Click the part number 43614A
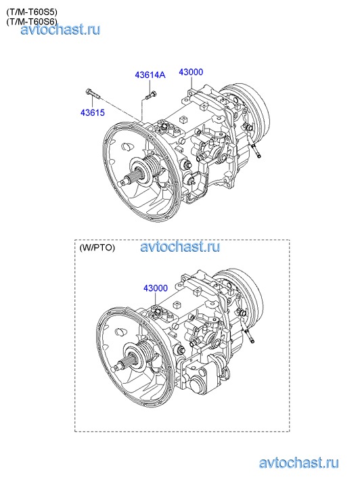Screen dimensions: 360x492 click(150, 75)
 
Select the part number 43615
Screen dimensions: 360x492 click(93, 112)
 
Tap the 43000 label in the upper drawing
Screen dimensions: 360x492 click(191, 72)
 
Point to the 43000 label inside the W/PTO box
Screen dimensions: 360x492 click(156, 288)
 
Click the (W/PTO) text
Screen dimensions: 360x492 click(97, 248)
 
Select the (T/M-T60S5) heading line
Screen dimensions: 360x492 click(31, 12)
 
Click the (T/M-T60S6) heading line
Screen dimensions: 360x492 click(31, 22)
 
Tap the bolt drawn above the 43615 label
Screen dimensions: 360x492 click(92, 94)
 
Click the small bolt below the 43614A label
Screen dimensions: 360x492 click(151, 95)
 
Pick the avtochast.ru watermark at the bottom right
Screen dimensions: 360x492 click(298, 463)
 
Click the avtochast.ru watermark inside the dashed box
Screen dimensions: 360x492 click(180, 246)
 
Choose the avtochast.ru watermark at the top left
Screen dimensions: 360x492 click(60, 30)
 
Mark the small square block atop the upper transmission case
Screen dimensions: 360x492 click(183, 120)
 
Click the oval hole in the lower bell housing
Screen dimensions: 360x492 click(121, 331)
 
